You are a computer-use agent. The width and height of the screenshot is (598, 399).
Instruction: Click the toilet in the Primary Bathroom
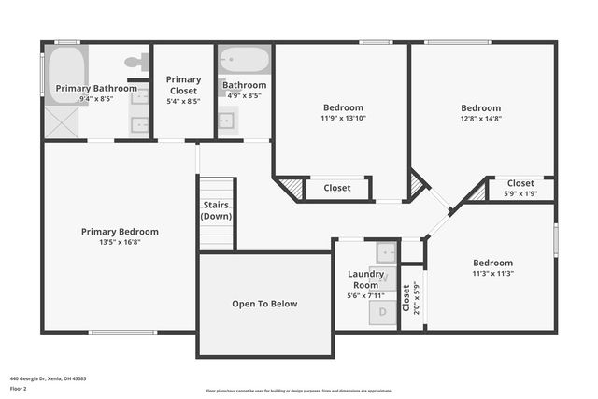click(x=137, y=62)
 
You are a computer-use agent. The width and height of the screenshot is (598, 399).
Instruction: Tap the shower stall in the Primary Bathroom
click(x=64, y=121)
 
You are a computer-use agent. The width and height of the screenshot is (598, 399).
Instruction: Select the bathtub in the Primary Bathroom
click(x=64, y=68)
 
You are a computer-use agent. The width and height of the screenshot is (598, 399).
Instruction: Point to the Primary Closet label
click(x=183, y=85)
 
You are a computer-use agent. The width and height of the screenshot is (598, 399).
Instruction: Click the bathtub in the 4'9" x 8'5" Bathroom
click(x=244, y=60)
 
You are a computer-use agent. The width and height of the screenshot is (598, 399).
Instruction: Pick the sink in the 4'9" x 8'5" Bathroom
click(x=227, y=120)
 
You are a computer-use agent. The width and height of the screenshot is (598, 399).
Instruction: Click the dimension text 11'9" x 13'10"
click(x=343, y=118)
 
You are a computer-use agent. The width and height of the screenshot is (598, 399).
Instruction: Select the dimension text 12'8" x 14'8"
click(x=480, y=118)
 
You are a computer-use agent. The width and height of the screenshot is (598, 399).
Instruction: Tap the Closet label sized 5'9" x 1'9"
click(x=520, y=183)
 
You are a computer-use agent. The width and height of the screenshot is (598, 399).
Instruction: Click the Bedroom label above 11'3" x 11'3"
click(x=491, y=263)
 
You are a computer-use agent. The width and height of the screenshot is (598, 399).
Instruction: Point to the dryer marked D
click(x=385, y=314)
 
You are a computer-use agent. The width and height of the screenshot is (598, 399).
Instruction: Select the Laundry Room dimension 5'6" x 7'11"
click(x=365, y=295)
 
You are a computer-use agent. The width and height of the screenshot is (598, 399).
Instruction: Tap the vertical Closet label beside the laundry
click(x=406, y=299)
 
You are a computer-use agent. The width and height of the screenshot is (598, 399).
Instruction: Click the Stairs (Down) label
click(x=216, y=210)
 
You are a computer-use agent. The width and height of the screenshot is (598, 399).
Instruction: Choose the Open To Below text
click(x=264, y=304)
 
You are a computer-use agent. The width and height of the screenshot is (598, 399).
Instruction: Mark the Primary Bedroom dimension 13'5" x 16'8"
click(x=119, y=242)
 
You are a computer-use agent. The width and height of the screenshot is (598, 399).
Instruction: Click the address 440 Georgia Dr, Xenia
click(x=48, y=378)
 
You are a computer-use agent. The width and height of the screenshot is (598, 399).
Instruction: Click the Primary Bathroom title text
click(x=95, y=88)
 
